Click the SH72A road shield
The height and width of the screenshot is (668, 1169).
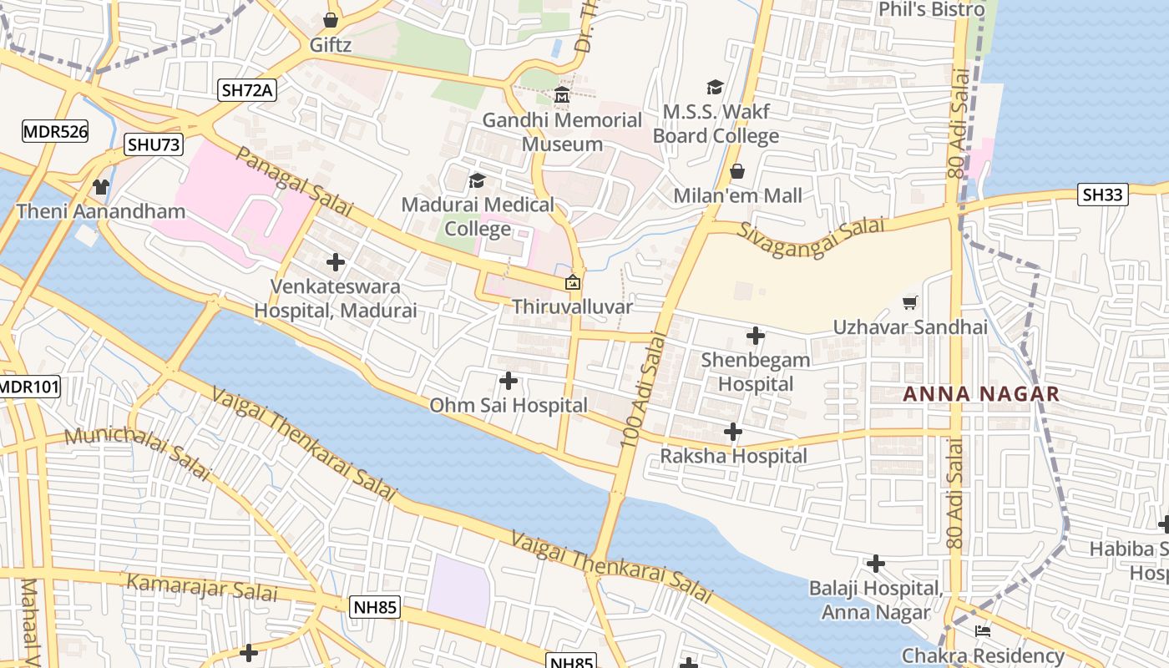(247, 90)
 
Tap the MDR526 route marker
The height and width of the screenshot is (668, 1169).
(55, 131)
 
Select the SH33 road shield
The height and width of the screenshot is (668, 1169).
(1104, 195)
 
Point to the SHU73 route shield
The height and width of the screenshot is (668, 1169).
(153, 144)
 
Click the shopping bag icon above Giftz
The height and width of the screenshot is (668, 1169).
(331, 20)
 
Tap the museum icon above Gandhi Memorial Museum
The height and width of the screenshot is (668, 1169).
(562, 96)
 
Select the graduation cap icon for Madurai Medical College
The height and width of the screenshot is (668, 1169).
(477, 180)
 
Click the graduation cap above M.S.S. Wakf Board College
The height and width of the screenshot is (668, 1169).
(715, 87)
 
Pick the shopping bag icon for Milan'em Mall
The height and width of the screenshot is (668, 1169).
(737, 171)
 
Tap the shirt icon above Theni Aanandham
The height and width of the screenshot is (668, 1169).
(101, 186)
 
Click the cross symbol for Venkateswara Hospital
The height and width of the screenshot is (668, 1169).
(336, 262)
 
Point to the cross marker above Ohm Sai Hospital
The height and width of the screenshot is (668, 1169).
(508, 381)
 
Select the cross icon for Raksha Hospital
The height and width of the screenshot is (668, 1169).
(733, 432)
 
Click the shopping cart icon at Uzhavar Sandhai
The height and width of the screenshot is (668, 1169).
(910, 302)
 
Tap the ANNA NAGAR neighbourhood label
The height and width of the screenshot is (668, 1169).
(981, 394)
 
